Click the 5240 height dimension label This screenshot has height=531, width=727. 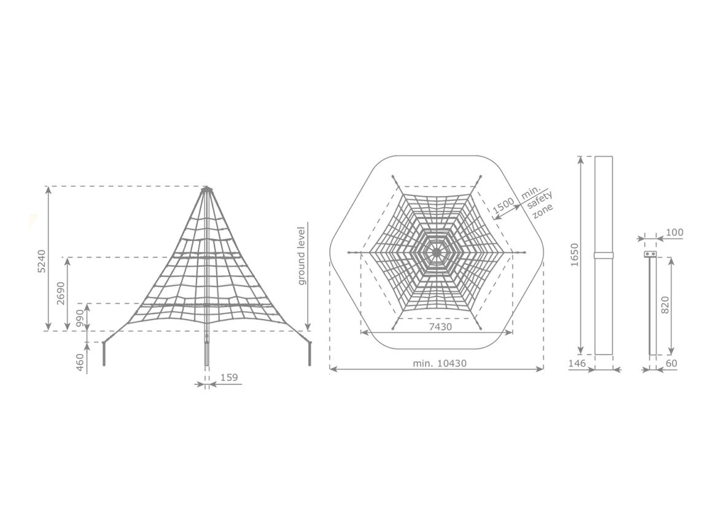(41, 261)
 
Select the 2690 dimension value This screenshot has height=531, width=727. (61, 293)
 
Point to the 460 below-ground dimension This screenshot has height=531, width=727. (80, 363)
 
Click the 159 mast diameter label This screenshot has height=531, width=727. (229, 377)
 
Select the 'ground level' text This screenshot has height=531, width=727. (301, 256)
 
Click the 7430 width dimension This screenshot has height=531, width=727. (440, 327)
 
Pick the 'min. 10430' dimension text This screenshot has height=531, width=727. (440, 363)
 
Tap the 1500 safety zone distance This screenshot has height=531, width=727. (503, 205)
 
